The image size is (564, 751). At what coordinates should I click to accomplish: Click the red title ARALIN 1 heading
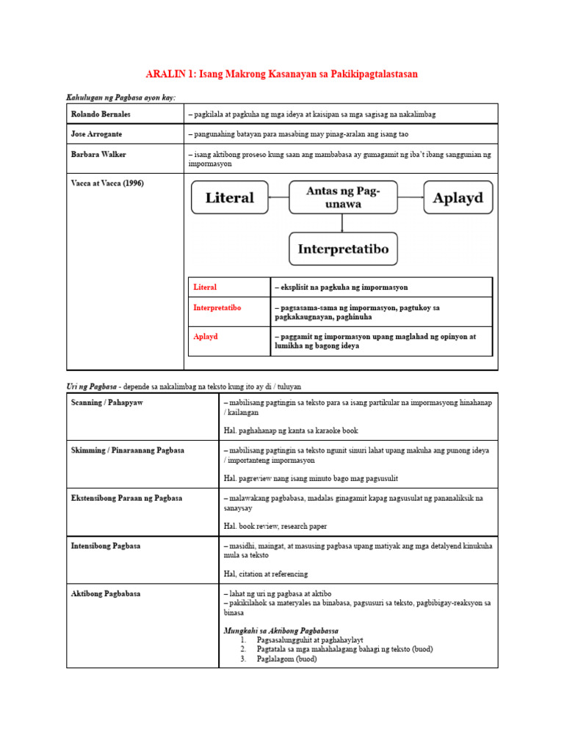point(282,75)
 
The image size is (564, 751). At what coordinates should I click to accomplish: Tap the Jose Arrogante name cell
point(97,135)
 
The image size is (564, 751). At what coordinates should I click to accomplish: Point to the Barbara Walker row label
point(98,155)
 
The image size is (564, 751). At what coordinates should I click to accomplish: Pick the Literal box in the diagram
point(230,197)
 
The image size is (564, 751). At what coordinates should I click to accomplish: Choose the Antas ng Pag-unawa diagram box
point(343,197)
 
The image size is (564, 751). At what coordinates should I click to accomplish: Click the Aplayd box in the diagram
point(458,197)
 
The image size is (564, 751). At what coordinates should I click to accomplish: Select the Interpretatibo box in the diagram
point(343,249)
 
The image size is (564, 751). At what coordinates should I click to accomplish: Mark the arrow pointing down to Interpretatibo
point(343,223)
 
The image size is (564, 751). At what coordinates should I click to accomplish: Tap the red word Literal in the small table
point(205,287)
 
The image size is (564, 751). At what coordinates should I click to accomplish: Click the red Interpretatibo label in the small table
point(217,307)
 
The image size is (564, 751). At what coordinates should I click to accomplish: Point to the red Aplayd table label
point(206,337)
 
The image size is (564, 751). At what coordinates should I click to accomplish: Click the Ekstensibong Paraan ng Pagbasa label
point(126,498)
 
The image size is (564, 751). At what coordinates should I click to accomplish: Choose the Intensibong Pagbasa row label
point(106,546)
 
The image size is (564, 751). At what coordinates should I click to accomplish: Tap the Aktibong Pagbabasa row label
point(106,593)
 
